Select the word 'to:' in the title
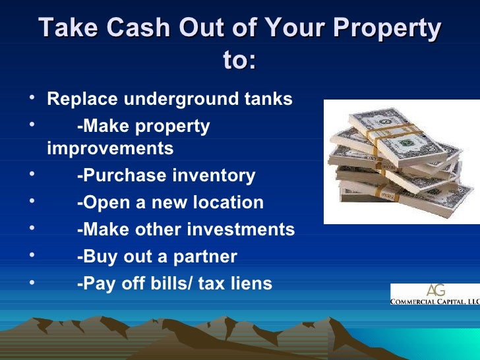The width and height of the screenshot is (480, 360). point(240,61)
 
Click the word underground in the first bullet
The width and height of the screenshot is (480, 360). point(179,100)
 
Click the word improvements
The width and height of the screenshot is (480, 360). point(110,149)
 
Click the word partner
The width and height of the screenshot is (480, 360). point(203,256)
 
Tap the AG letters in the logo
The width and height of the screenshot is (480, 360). point(436,290)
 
